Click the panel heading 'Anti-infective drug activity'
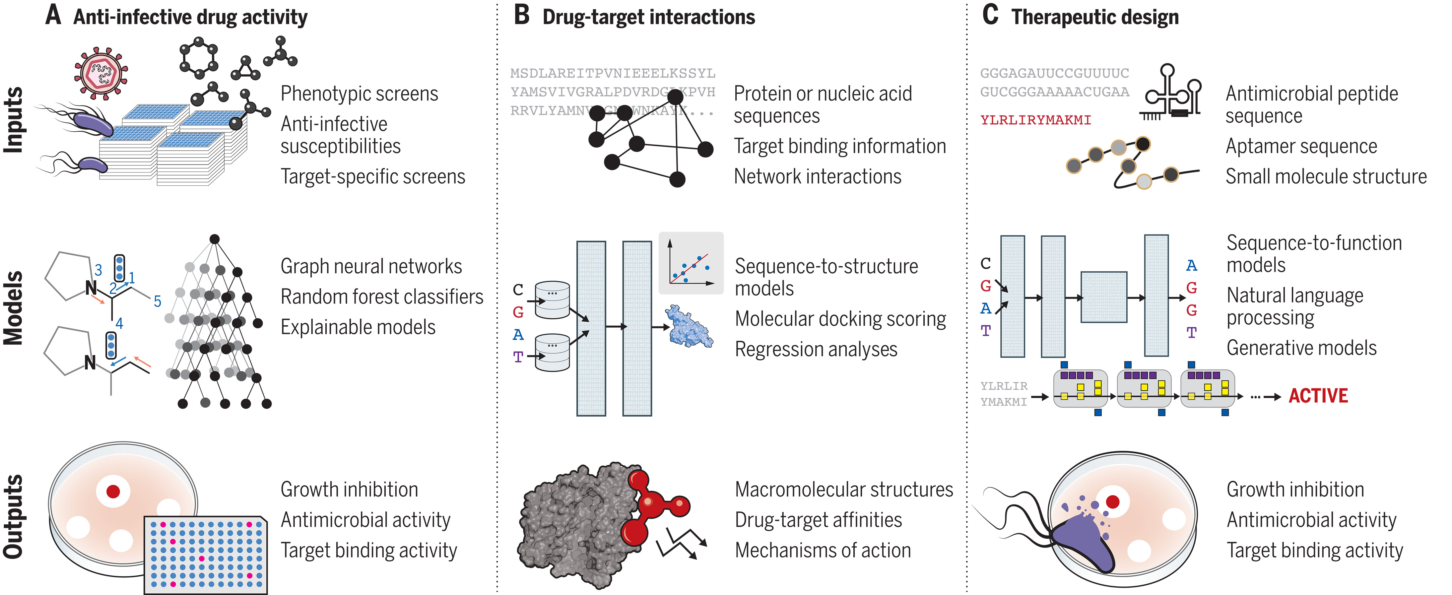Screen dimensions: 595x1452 click(x=190, y=17)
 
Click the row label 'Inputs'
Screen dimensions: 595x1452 click(x=14, y=119)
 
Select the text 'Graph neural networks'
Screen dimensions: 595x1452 click(x=371, y=266)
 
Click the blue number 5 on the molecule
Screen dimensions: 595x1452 click(x=157, y=301)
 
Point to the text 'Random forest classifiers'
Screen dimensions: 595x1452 click(x=382, y=297)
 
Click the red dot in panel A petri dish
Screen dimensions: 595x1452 click(x=113, y=491)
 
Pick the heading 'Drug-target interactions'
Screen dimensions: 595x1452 click(x=648, y=17)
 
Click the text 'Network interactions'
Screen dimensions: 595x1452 click(x=817, y=176)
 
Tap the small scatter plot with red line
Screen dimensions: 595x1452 click(x=691, y=263)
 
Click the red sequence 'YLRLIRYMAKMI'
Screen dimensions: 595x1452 click(x=1035, y=120)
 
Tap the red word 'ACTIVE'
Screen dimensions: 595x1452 click(x=1318, y=396)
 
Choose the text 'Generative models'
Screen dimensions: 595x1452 click(x=1301, y=348)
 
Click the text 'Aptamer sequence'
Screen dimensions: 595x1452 click(x=1301, y=146)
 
